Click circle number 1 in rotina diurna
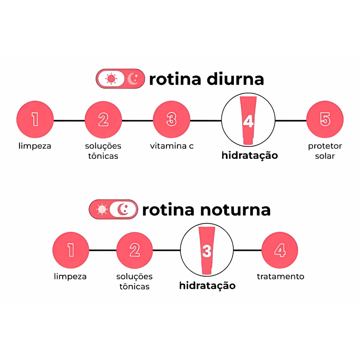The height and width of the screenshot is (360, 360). click(x=35, y=119)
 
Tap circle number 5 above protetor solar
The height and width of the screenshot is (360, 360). click(x=325, y=119)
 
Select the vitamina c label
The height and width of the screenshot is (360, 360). click(x=172, y=146)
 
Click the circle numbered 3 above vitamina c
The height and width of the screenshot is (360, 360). click(x=171, y=119)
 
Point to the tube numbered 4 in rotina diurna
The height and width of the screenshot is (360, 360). click(x=248, y=120)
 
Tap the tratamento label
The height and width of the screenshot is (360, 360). click(x=280, y=276)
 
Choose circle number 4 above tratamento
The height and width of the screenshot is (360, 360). click(x=280, y=250)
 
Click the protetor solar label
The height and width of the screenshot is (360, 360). click(x=325, y=151)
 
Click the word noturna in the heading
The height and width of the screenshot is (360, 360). click(x=236, y=210)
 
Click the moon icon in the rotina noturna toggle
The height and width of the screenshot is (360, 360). click(x=123, y=209)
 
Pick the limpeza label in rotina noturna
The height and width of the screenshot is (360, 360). click(x=70, y=276)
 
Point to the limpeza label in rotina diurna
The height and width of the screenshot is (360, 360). click(x=35, y=146)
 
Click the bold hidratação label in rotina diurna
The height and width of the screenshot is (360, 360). click(x=249, y=156)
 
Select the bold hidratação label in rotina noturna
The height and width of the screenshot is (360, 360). click(x=207, y=286)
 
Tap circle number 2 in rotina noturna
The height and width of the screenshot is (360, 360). click(x=135, y=250)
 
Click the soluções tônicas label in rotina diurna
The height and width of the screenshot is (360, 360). click(x=103, y=151)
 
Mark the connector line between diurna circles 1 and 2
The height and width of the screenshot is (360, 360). click(x=69, y=120)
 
